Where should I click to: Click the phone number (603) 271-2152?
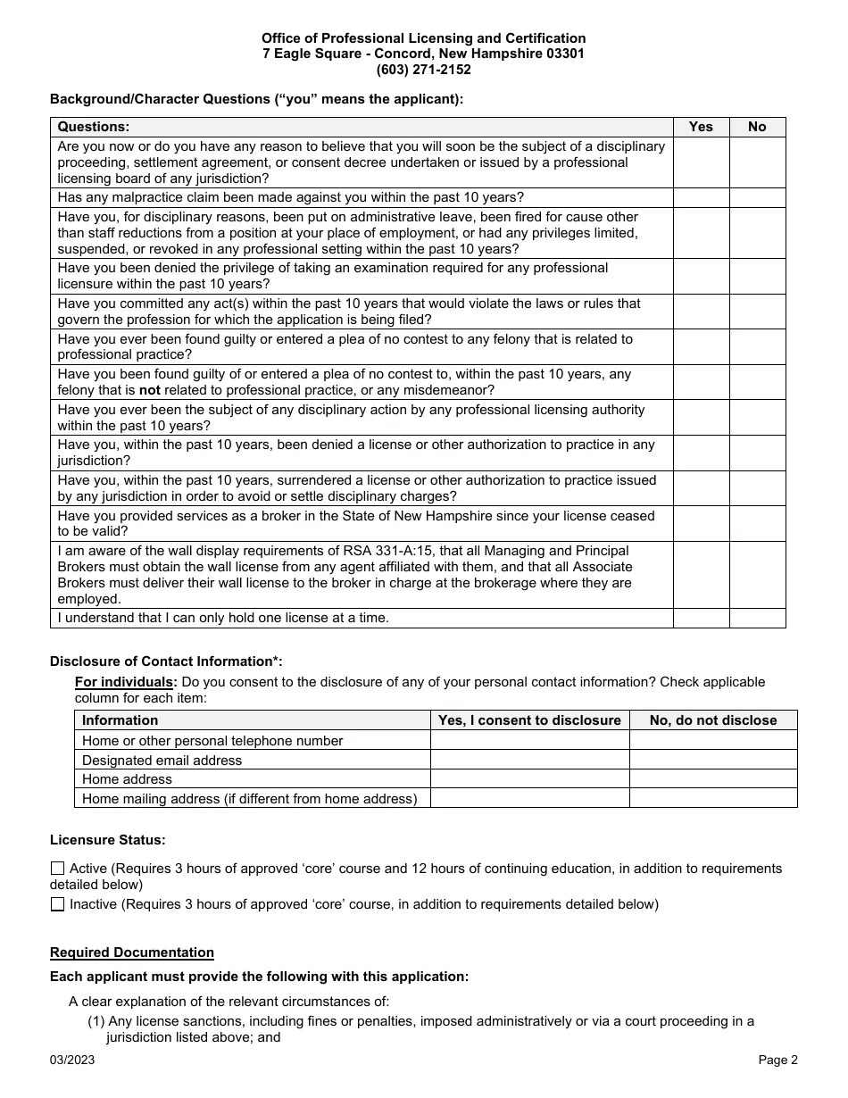click(423, 70)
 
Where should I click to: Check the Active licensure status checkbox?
click(58, 869)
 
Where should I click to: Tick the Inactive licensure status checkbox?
click(58, 904)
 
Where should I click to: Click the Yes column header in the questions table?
click(701, 127)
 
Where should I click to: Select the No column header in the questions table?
click(757, 127)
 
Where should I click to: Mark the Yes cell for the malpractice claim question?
click(701, 197)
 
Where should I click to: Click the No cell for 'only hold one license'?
click(757, 618)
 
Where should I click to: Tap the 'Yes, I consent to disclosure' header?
click(529, 720)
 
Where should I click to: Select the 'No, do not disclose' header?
click(712, 720)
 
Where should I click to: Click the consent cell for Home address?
click(529, 779)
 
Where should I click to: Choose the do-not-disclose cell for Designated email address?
click(712, 760)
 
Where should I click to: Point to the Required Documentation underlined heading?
click(132, 952)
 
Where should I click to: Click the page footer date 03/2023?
click(72, 1061)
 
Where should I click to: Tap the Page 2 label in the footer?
click(777, 1061)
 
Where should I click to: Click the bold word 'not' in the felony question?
click(150, 390)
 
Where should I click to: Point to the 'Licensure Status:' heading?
click(107, 840)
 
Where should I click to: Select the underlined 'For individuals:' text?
click(126, 682)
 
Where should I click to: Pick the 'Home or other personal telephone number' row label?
click(212, 740)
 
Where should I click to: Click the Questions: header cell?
click(94, 127)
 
